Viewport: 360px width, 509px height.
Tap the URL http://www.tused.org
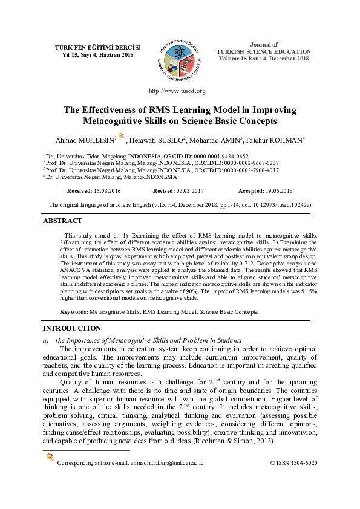click(177, 91)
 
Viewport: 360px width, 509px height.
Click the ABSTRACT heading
click(62, 221)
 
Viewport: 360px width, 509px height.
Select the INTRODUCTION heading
click(71, 328)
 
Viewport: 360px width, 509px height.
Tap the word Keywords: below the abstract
click(73, 312)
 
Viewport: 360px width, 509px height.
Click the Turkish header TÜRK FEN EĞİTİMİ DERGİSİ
click(89, 47)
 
